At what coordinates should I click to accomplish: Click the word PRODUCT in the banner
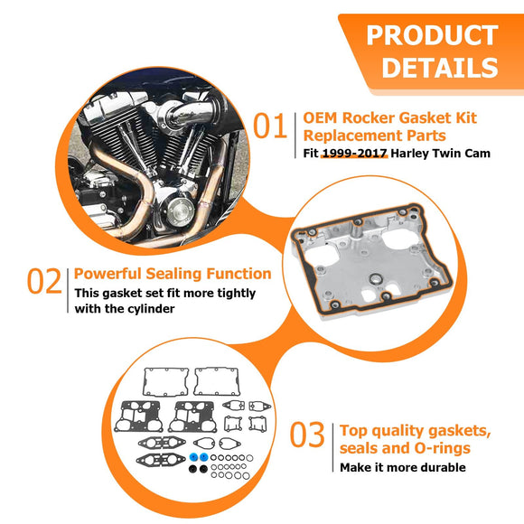coord(432,35)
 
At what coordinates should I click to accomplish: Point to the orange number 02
coord(43,282)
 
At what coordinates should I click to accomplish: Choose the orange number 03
coord(307,436)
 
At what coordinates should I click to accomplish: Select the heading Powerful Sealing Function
coord(173,273)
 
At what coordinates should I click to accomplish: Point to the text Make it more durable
coord(402,467)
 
